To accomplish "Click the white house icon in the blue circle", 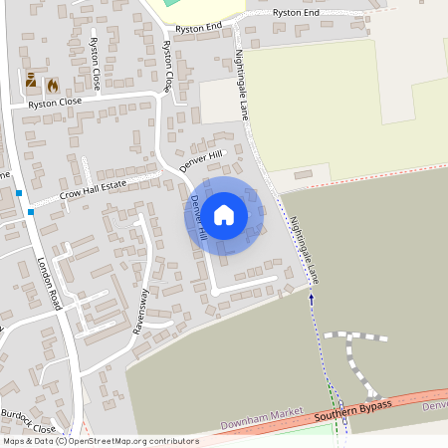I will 224,214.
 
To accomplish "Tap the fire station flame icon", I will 52,86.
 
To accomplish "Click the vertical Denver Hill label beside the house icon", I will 199,217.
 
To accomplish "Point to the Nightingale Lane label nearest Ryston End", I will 242,89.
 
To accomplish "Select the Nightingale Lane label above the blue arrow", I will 303,250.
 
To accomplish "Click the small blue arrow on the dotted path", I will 311,297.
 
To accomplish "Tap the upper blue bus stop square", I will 18,192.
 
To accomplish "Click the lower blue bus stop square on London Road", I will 32,212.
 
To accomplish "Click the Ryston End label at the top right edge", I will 295,12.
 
